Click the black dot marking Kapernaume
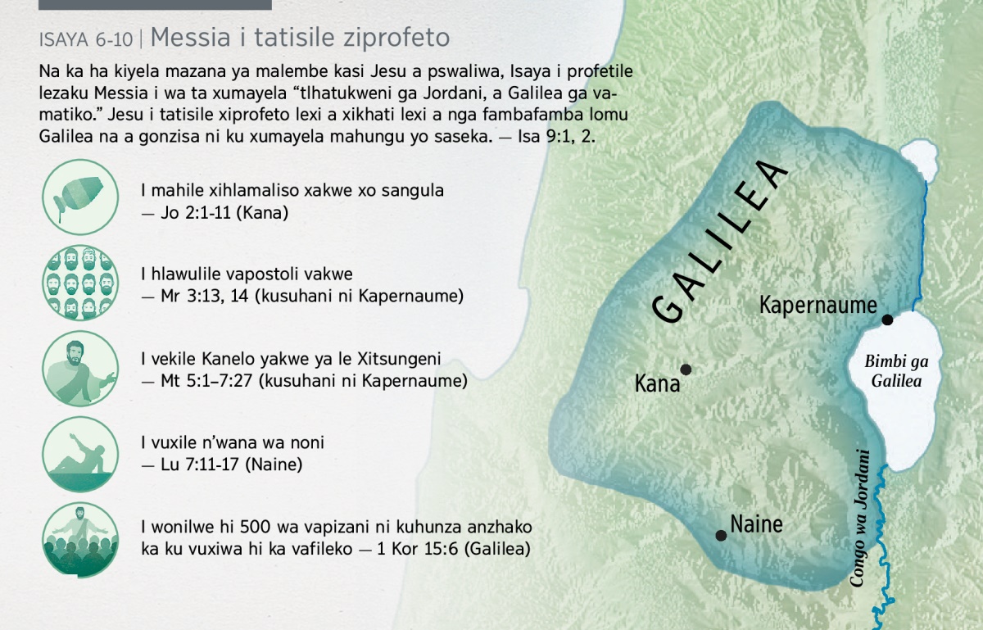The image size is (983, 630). point(887,320)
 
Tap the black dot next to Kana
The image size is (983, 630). point(686,369)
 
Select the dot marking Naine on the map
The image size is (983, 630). point(721,535)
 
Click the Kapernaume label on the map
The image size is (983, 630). point(818,305)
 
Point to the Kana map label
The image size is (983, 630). point(657,383)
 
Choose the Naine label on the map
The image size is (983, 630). point(756,524)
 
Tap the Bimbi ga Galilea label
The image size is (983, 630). point(896,371)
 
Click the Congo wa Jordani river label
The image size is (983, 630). point(859,518)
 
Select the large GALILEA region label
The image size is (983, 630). point(720,242)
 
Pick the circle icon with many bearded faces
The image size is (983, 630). point(80,283)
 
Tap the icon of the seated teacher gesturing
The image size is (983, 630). point(80,369)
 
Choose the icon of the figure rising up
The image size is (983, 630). point(80,455)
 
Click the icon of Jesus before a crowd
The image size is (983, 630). point(80,540)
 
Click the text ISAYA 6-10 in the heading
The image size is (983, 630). point(85,39)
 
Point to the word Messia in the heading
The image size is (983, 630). point(190,37)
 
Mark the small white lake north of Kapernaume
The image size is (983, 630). point(919,160)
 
